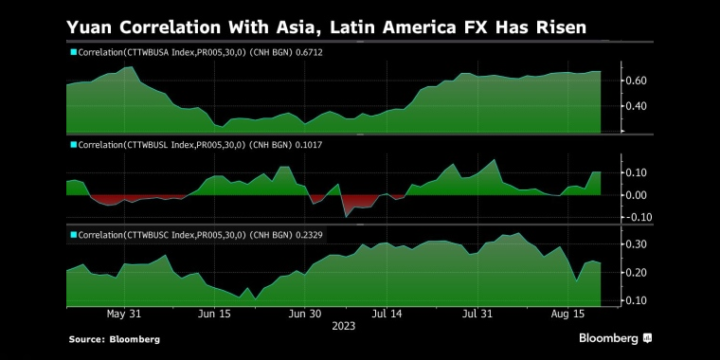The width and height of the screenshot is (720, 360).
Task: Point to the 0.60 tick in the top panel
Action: pos(637,81)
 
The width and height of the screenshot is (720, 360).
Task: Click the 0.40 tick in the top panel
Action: pos(637,106)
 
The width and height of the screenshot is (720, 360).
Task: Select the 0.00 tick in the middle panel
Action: pos(637,195)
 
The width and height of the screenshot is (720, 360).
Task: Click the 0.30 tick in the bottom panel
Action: pos(637,244)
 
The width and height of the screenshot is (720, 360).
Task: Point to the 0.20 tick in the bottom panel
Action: pos(637,273)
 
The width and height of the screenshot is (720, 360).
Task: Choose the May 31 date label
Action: pos(124,313)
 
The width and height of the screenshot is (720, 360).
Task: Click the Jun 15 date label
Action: pos(214,313)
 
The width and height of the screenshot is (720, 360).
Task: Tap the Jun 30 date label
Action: pos(304,313)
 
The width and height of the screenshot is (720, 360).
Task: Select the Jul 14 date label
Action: pos(388,313)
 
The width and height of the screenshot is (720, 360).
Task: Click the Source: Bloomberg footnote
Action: pos(114,339)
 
